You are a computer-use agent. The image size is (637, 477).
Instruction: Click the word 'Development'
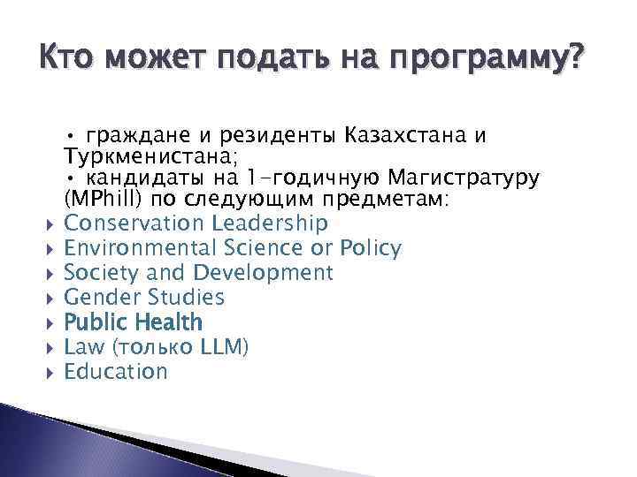pos(264,273)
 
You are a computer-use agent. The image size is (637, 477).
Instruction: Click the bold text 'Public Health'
pos(134,322)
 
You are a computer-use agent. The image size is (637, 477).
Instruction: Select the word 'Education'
pos(116,372)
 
